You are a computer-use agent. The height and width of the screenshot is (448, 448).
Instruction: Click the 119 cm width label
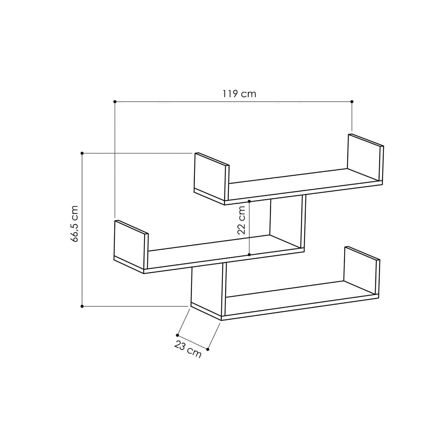click(x=239, y=93)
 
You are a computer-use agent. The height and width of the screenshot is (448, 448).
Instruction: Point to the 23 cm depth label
click(x=188, y=350)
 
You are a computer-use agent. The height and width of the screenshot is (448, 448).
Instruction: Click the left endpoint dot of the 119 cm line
click(x=115, y=102)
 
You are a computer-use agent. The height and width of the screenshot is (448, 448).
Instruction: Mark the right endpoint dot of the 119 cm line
click(x=352, y=102)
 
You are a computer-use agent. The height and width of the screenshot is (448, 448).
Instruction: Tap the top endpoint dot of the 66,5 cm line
click(x=82, y=153)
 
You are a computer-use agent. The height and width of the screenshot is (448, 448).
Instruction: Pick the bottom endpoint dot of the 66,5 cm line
click(x=82, y=306)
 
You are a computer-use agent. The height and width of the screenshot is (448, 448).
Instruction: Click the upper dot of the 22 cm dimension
click(x=249, y=201)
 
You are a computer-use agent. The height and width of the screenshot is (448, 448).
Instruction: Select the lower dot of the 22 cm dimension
click(x=249, y=255)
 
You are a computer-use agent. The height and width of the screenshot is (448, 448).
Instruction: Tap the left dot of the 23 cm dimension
click(x=178, y=335)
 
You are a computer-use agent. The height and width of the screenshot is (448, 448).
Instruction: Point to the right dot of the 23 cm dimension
click(x=208, y=349)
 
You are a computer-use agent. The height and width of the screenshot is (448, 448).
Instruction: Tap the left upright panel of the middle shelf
click(x=131, y=245)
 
